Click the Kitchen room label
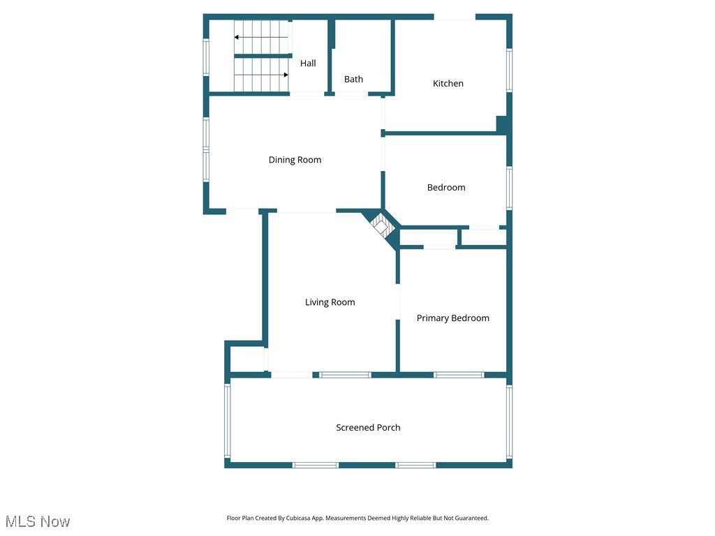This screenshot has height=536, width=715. pos(448,84)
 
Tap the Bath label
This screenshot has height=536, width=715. pos(353,80)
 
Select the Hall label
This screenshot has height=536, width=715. pos(308,64)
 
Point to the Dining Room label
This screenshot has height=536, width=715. pos(295,160)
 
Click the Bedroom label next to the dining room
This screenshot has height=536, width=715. pos(445,187)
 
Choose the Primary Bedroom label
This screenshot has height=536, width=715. pos(452,318)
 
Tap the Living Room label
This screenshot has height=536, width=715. pos(330,302)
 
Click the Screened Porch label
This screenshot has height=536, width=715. pos(368,428)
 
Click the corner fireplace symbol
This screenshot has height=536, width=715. pos(382,225)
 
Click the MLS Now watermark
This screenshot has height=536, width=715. pos(38,521)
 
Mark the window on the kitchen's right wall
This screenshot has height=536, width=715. pos(509,70)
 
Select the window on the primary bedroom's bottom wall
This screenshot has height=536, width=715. pos(459,375)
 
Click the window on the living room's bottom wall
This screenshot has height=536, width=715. pos(345,375)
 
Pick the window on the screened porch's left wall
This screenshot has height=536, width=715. pos(228,421)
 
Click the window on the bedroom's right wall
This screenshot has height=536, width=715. pos(509,188)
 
